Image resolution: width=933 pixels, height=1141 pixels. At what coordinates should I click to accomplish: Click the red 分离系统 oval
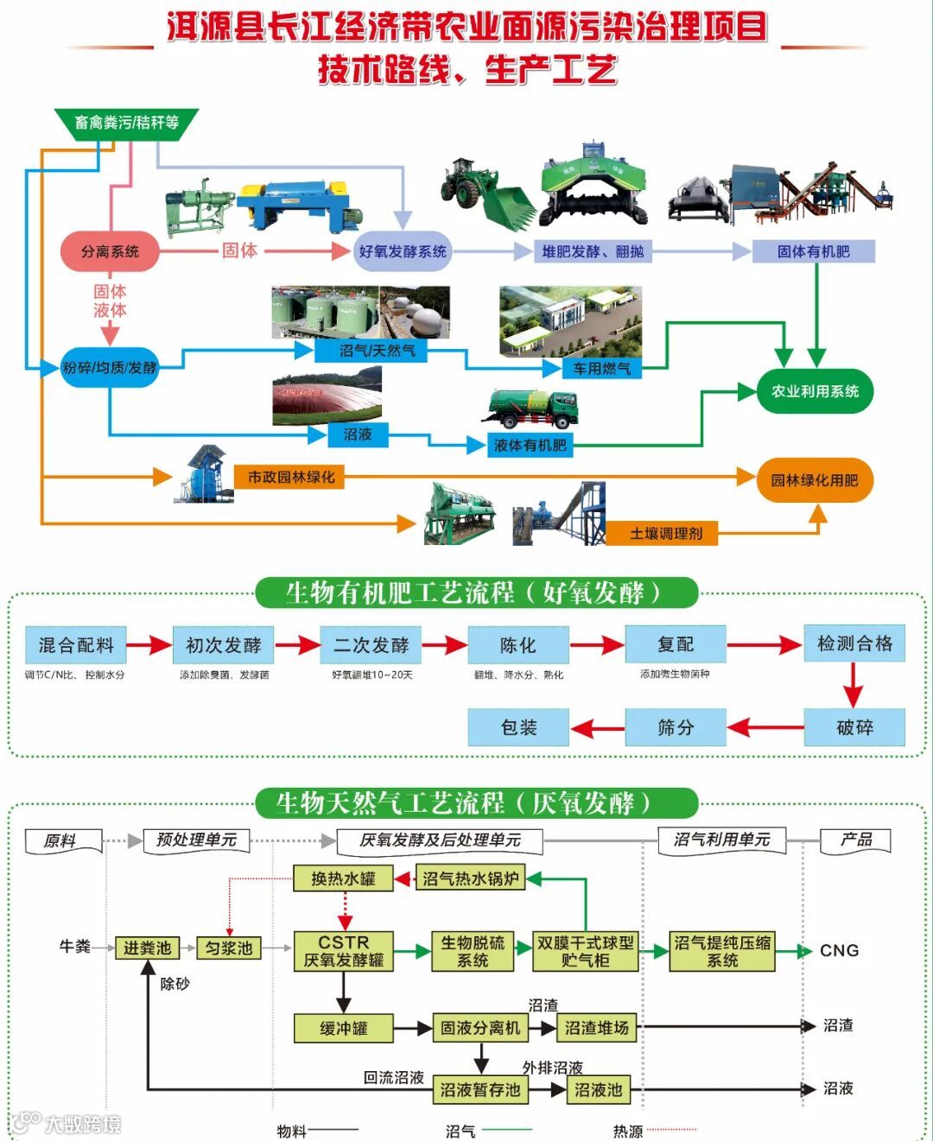click(x=111, y=251)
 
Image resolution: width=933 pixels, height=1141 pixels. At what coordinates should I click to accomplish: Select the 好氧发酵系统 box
click(x=403, y=251)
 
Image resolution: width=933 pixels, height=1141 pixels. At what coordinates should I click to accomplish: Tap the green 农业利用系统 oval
click(x=815, y=391)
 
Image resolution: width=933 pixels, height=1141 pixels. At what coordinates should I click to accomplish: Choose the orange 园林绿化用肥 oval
click(x=815, y=480)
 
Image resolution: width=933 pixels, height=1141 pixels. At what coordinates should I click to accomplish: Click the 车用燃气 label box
click(x=601, y=369)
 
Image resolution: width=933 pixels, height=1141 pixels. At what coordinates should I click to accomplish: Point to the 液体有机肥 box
click(x=530, y=445)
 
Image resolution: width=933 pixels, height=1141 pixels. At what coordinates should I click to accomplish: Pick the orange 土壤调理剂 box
click(x=666, y=533)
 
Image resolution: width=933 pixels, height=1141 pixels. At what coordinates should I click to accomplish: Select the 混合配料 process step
click(x=76, y=644)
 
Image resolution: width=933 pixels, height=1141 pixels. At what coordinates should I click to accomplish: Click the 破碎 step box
click(x=854, y=727)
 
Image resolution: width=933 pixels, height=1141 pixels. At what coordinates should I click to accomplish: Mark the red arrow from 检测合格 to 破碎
click(x=854, y=686)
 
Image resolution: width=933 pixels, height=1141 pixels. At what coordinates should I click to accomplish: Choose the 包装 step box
click(x=518, y=727)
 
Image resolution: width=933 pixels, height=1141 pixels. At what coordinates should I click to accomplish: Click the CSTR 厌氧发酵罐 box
click(x=344, y=951)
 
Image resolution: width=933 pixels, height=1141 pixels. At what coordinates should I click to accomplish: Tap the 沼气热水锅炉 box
click(x=471, y=879)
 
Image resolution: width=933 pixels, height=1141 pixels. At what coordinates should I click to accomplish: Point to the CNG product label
click(x=839, y=950)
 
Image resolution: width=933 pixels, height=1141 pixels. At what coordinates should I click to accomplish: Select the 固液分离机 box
click(x=479, y=1028)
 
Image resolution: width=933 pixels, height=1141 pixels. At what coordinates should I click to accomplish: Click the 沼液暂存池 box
click(x=479, y=1090)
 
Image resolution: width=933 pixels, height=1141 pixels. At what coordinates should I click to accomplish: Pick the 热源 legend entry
click(x=628, y=1131)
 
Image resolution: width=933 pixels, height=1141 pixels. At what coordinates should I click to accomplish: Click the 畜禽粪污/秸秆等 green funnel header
click(x=127, y=123)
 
